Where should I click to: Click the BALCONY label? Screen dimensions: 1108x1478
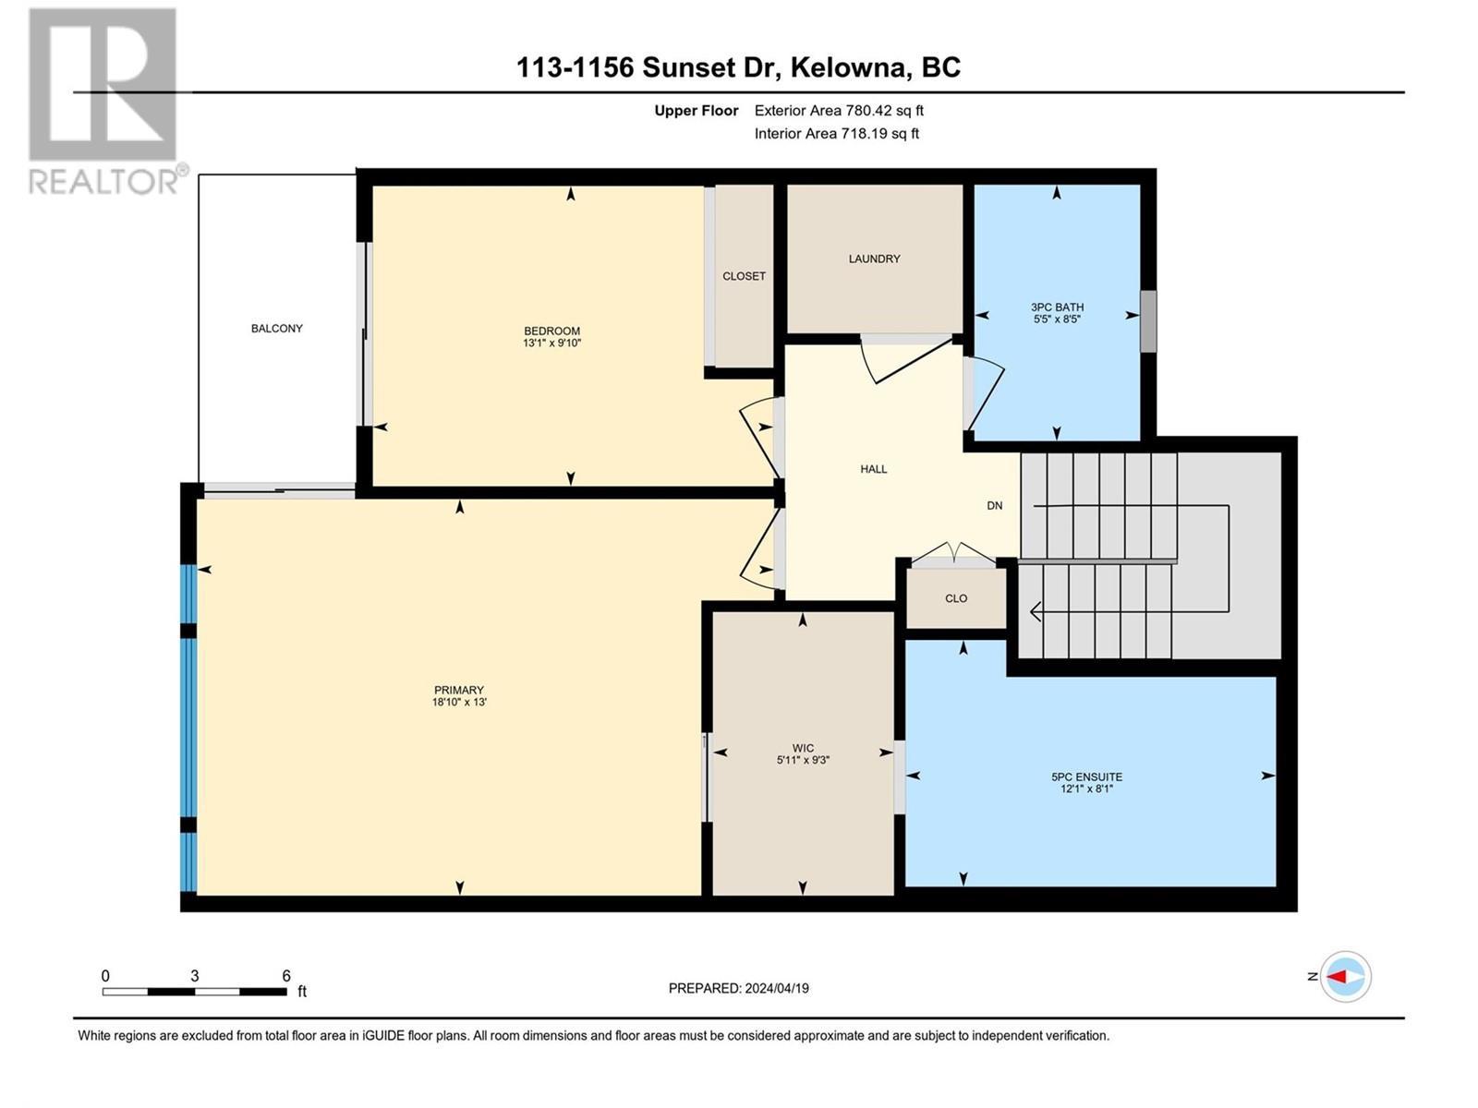click(276, 329)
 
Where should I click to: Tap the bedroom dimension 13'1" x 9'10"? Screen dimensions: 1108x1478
click(551, 343)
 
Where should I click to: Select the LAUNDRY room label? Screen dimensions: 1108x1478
click(874, 259)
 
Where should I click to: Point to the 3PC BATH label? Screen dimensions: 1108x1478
click(1057, 307)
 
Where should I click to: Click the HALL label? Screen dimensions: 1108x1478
click(873, 469)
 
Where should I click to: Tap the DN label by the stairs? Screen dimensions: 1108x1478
click(994, 506)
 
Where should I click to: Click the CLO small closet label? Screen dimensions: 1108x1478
click(956, 598)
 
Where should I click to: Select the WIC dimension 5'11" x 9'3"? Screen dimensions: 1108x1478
click(803, 761)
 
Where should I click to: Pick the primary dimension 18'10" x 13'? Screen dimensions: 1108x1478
click(459, 703)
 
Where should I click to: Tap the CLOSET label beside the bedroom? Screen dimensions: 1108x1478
click(744, 276)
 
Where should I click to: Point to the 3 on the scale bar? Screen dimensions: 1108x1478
click(194, 976)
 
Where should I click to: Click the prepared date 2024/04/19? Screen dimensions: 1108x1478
click(738, 988)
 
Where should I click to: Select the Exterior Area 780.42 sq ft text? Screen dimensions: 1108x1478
click(838, 111)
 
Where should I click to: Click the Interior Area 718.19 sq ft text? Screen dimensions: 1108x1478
click(836, 133)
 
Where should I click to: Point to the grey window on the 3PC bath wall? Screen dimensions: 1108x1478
click(1147, 321)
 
